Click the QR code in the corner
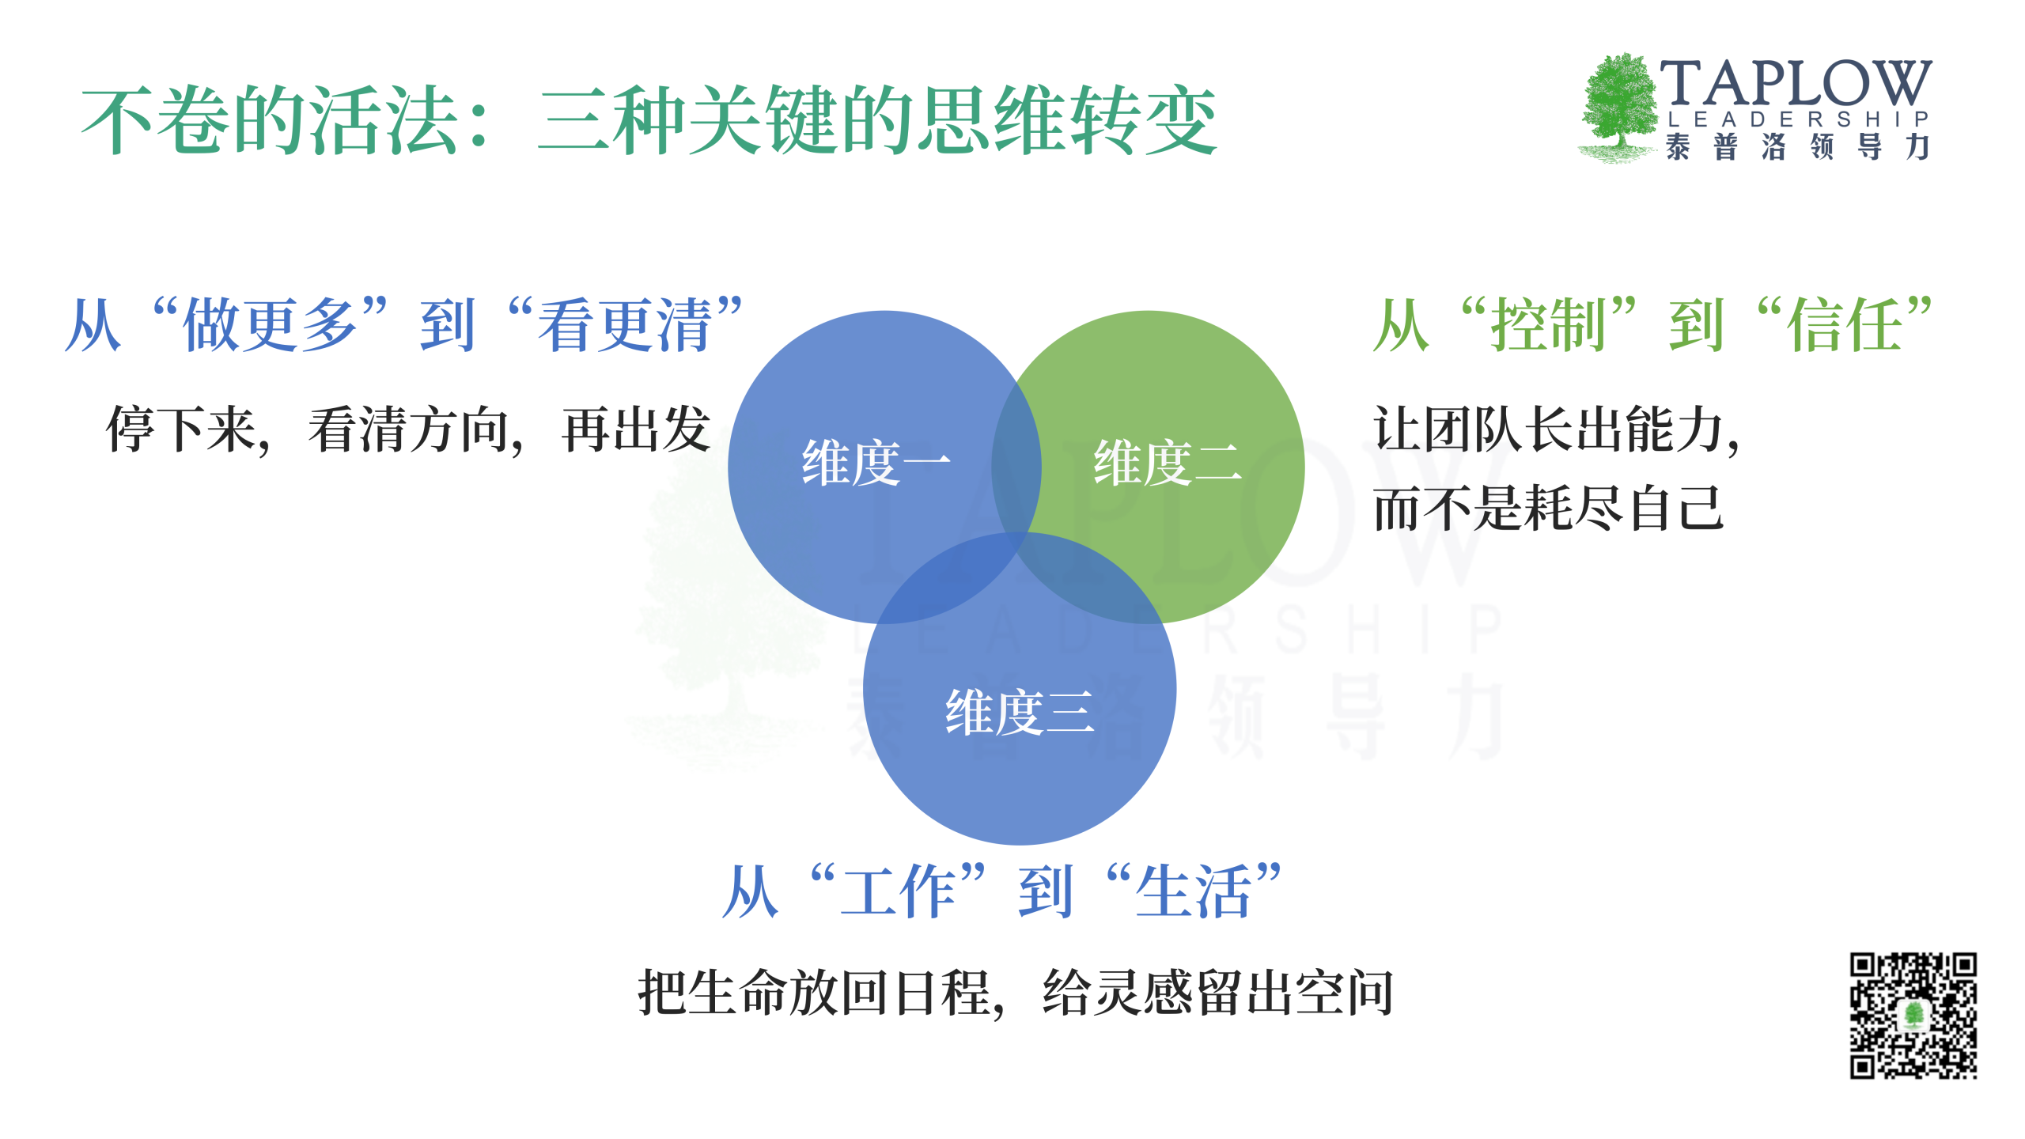1913,1016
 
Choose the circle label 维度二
1168,463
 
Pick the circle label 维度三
1020,712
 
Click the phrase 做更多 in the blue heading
270,325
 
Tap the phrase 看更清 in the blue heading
625,325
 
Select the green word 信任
1844,325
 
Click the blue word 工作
899,891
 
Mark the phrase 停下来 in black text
181,430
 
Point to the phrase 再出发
636,430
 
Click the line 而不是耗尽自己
1548,509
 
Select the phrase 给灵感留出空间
1218,993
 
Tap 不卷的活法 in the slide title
270,121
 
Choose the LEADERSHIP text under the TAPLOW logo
1797,119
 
